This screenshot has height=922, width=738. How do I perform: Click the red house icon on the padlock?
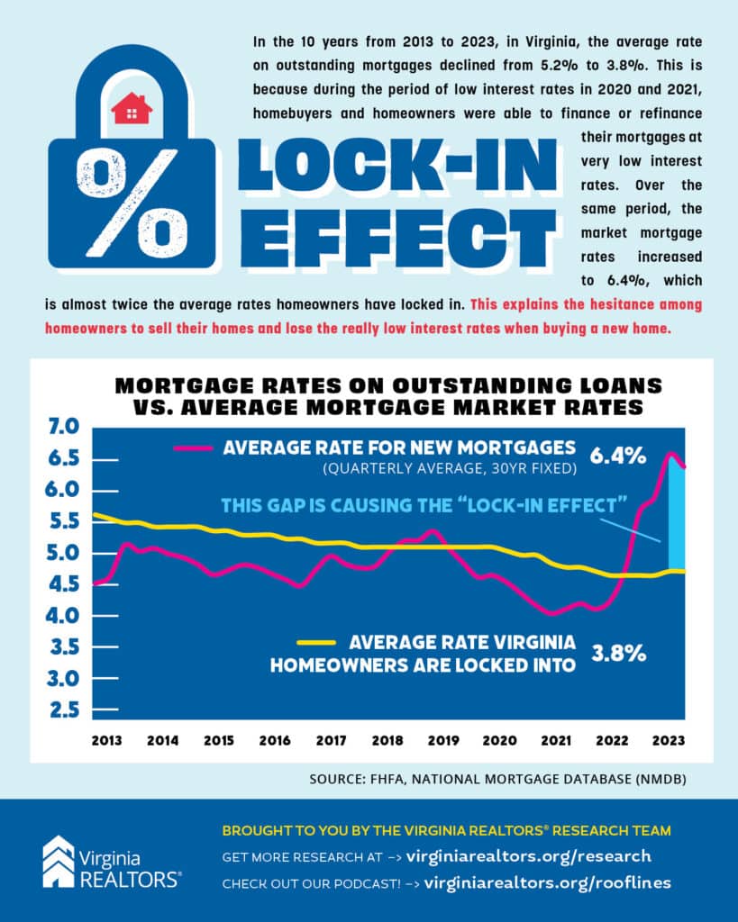point(132,109)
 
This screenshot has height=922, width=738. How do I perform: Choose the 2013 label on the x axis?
point(107,740)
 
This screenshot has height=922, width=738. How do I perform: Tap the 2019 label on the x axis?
point(442,740)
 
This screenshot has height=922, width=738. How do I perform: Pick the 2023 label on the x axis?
point(667,740)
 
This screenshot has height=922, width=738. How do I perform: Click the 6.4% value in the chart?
point(617,456)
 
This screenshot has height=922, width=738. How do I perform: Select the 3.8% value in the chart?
point(618,654)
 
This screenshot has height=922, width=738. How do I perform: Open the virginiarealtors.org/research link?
point(529,855)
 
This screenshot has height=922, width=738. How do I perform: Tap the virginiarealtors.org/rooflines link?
point(547,882)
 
